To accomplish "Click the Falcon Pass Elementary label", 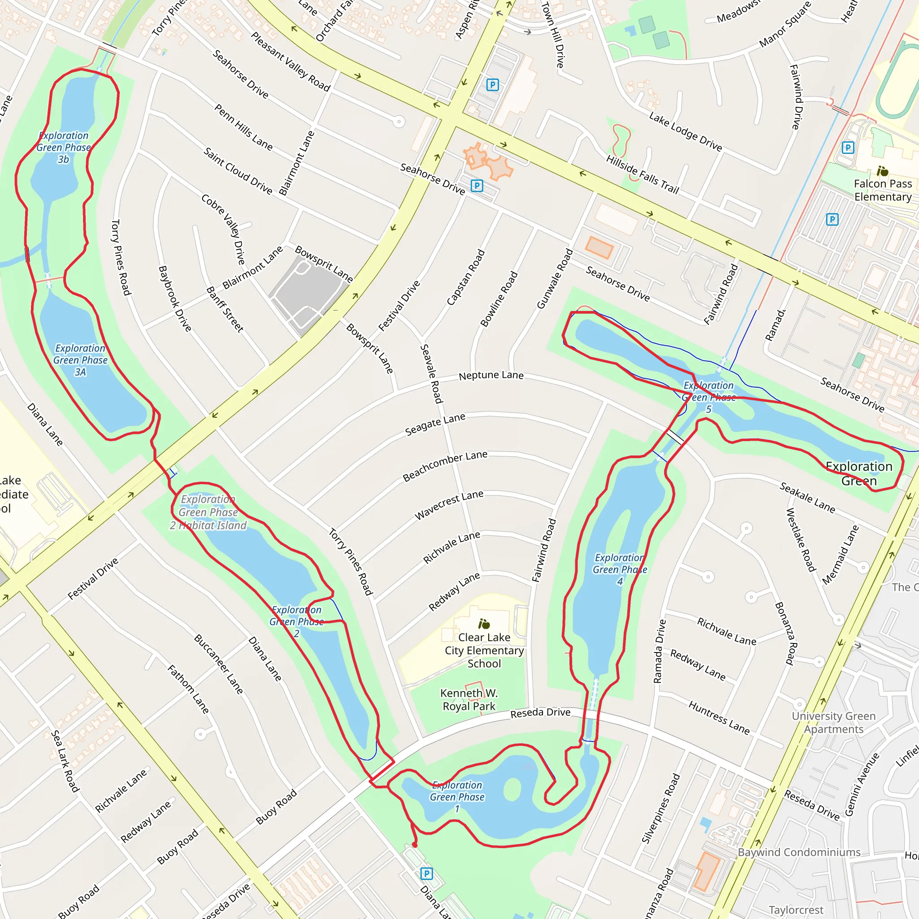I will click(x=882, y=190).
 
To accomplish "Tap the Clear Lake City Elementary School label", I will click(x=484, y=650).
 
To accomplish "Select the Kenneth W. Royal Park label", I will click(x=469, y=700).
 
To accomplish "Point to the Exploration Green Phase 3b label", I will click(x=63, y=148).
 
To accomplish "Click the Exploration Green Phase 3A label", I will click(x=80, y=360).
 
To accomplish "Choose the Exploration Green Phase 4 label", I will click(x=619, y=569).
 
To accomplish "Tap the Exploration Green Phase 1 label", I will click(x=457, y=797).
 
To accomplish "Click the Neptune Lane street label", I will click(x=491, y=375).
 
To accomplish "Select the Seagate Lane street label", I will click(x=435, y=424).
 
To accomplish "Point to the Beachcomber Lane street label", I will click(x=445, y=466).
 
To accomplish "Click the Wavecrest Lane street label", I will click(x=449, y=505).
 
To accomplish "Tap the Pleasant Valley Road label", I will click(x=290, y=61).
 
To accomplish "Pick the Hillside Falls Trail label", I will click(x=642, y=174).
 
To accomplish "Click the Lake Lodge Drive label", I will click(x=685, y=131).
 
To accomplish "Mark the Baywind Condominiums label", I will click(x=799, y=852).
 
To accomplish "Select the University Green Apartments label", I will click(x=833, y=722).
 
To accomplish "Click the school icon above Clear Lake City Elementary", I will click(x=484, y=624).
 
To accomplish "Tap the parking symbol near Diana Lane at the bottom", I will click(x=427, y=873).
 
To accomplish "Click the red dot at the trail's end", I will click(x=415, y=845).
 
